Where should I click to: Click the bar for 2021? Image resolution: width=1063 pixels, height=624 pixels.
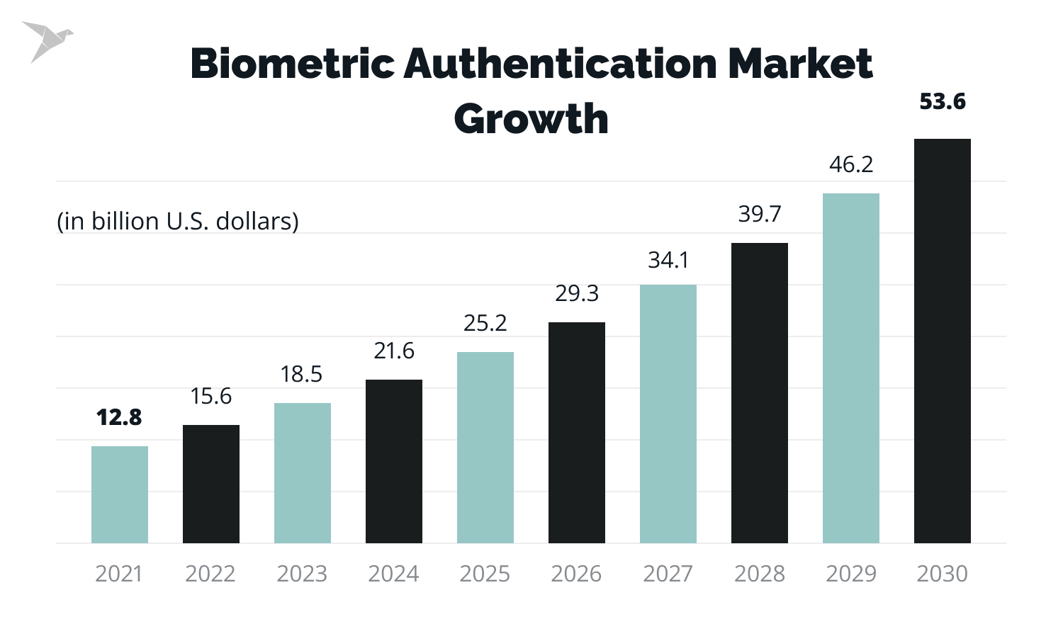pos(120,494)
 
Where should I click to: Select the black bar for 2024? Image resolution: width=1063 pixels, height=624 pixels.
pos(394,461)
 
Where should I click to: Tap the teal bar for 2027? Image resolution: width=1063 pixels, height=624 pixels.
pos(668,414)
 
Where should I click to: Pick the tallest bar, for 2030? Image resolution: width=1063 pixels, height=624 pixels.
pos(943,341)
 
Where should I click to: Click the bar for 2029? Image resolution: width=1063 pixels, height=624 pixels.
pos(851,368)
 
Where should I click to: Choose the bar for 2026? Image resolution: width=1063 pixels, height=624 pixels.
pos(577,433)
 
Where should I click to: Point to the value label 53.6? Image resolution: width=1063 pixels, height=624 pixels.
pos(943,102)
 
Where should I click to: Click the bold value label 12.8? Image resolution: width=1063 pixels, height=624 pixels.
pos(119,418)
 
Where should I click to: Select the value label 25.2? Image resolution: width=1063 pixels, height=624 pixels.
pos(485,324)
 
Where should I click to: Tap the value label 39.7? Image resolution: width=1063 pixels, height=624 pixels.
pos(760,215)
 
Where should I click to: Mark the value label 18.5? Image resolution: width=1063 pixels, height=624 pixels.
pos(302,375)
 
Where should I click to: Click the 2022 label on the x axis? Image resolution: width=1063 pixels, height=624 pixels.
pos(210,574)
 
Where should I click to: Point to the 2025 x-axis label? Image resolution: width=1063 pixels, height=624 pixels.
pos(485,574)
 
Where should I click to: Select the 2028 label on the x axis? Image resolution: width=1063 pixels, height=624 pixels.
pos(760,574)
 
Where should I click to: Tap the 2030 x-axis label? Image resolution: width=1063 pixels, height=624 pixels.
pos(943,574)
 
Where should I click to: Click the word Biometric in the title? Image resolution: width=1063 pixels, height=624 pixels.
pos(291,64)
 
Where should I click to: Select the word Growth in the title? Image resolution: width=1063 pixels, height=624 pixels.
pos(531,119)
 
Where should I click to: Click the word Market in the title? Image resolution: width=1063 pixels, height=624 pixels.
pos(800,64)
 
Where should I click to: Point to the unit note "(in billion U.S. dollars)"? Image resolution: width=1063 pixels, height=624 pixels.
pos(178,222)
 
